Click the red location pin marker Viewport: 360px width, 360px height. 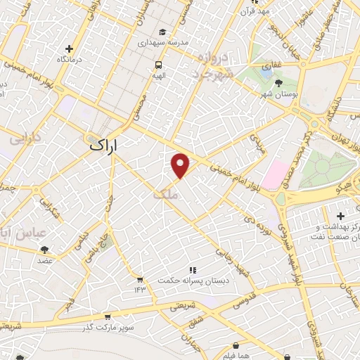click(181, 165)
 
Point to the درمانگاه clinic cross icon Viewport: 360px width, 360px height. click(69, 49)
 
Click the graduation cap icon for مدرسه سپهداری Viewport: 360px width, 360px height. click(163, 32)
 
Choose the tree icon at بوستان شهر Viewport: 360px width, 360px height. click(279, 83)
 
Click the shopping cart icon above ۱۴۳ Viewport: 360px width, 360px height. click(139, 279)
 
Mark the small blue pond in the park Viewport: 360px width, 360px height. click(266, 71)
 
